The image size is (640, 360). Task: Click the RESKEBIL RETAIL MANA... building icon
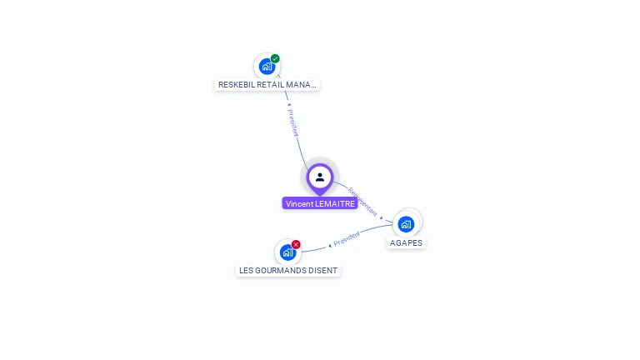click(x=267, y=66)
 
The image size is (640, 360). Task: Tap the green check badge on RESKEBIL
click(x=275, y=58)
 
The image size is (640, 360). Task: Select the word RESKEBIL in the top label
click(x=237, y=84)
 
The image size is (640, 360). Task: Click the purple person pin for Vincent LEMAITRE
click(x=320, y=177)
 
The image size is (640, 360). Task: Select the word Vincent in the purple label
click(x=300, y=203)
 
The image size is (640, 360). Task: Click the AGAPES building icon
click(x=406, y=223)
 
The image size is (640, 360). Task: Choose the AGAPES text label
click(x=406, y=243)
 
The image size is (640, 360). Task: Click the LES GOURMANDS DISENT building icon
click(x=287, y=252)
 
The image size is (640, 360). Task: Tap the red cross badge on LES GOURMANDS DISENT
click(x=296, y=244)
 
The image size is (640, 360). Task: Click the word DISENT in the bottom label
click(x=323, y=270)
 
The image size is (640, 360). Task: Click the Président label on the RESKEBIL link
click(x=292, y=122)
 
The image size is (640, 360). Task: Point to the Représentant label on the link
click(x=362, y=202)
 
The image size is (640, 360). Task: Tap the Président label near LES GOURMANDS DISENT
click(x=347, y=238)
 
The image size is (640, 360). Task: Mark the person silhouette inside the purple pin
click(x=320, y=177)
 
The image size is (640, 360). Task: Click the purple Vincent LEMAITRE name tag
click(x=320, y=203)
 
